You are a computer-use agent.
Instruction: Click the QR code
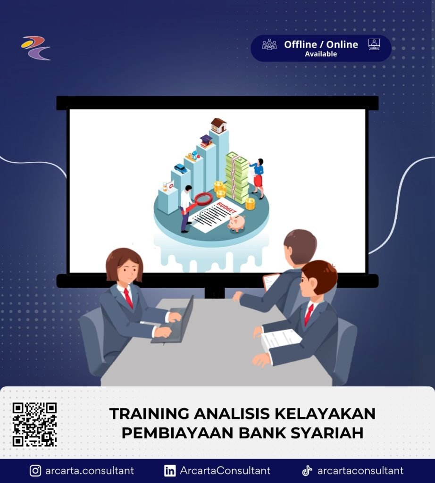click(34, 424)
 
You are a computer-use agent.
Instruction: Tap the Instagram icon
click(35, 471)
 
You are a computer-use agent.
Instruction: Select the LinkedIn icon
click(170, 471)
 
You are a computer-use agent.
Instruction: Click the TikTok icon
click(307, 471)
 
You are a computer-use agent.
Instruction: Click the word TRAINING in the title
click(149, 413)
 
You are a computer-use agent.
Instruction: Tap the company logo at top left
click(36, 48)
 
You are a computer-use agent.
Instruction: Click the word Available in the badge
click(321, 54)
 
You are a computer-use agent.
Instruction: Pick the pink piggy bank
click(236, 223)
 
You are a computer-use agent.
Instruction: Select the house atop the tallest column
click(219, 125)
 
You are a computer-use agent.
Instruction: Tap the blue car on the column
click(181, 168)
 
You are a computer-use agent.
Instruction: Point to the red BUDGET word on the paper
click(226, 208)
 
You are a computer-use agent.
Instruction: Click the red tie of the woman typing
click(128, 298)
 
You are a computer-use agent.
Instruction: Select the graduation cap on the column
click(206, 141)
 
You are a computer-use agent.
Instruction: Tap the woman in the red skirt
click(258, 178)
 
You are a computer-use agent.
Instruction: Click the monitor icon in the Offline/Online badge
click(374, 44)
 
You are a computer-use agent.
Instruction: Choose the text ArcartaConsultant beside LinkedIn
click(225, 471)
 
